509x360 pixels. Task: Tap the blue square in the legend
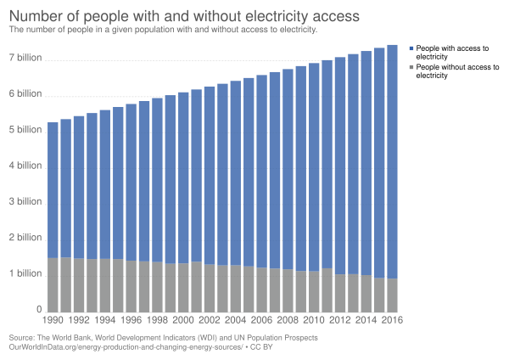point(411,48)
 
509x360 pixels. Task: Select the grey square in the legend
point(411,65)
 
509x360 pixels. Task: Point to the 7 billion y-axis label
point(25,59)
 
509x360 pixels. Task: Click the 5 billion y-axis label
point(25,131)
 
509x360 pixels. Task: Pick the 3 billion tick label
point(25,203)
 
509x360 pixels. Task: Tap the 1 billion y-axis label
point(25,274)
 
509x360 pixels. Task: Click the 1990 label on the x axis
point(53,321)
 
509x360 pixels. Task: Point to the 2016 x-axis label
point(392,321)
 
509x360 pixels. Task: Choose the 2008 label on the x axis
point(288,321)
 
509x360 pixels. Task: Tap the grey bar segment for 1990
point(53,284)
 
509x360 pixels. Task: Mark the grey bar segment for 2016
point(392,294)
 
